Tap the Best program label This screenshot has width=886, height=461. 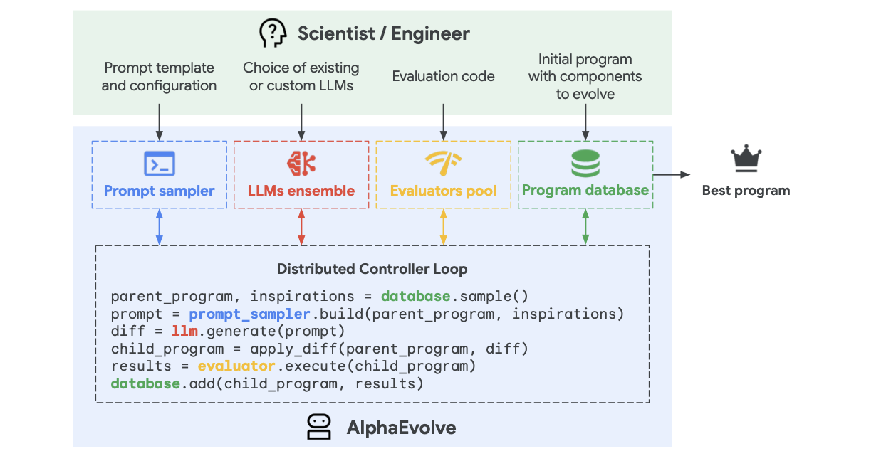746,190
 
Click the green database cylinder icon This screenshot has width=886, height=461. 585,164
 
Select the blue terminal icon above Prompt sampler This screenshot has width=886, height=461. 159,164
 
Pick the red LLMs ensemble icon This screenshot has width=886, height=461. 301,164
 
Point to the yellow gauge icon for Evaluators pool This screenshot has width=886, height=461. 443,164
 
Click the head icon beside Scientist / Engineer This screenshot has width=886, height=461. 273,33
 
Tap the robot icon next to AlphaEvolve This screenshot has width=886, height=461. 318,427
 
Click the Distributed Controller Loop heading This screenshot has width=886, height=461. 372,269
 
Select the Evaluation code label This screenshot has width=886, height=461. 443,76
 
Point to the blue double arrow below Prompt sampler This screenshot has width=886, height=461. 159,227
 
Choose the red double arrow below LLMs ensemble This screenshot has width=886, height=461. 301,227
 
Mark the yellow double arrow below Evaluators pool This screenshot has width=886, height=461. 444,227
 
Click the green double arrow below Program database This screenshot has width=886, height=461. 585,227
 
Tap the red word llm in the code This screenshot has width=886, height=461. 180,331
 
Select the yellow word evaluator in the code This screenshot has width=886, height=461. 236,366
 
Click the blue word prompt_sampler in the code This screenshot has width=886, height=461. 249,314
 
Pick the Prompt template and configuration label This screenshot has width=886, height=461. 159,76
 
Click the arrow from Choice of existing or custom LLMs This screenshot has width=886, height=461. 301,121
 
